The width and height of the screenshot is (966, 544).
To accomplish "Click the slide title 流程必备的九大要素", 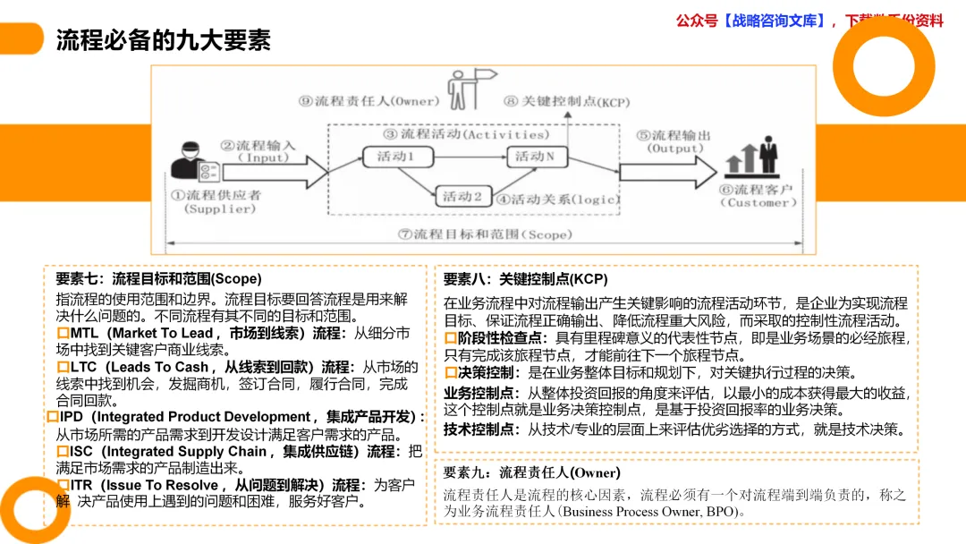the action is (164, 40).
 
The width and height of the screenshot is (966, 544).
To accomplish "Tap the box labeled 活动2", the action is (462, 195).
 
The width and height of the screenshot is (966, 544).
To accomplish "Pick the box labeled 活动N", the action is (539, 157).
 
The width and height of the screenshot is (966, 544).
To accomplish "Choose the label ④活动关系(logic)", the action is (558, 199).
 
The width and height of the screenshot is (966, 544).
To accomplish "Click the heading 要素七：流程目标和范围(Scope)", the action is (157, 278).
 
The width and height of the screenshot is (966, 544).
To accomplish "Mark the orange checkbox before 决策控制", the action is (451, 373).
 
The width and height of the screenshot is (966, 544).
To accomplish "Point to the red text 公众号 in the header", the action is (697, 21).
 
